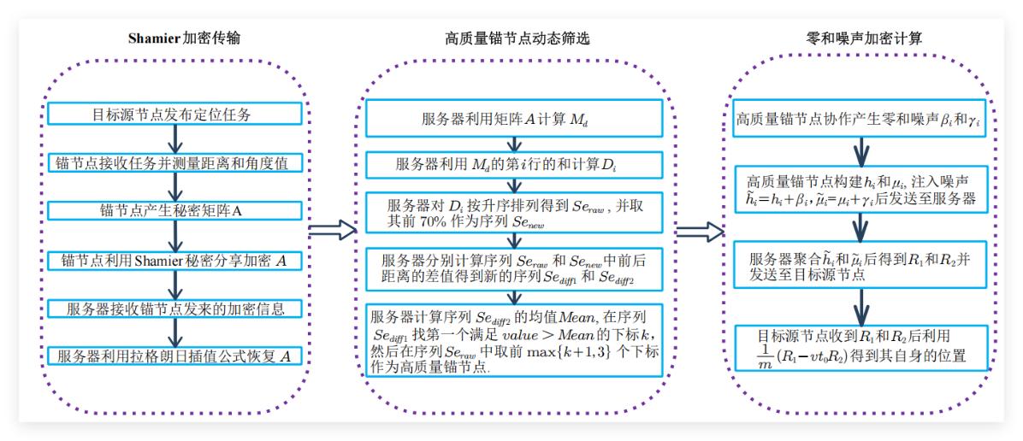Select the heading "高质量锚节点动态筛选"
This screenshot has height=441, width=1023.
click(517, 39)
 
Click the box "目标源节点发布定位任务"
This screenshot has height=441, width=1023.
click(174, 114)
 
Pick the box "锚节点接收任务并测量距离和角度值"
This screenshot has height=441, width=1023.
click(174, 162)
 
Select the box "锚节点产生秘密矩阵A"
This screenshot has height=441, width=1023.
click(174, 210)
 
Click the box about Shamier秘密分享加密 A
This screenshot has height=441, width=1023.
click(174, 259)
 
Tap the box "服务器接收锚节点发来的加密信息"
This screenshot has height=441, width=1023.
click(174, 308)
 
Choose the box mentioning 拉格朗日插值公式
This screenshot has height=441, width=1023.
click(174, 356)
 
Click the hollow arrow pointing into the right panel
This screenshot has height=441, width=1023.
click(700, 230)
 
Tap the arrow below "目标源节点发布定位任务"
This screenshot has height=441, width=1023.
click(174, 138)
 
